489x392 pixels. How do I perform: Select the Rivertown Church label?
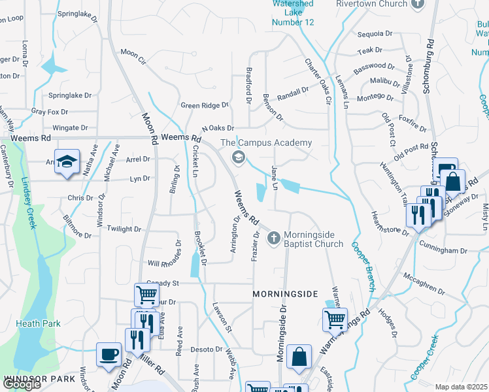(371, 4)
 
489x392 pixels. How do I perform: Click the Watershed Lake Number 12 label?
(293, 12)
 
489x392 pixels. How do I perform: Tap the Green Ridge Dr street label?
(205, 105)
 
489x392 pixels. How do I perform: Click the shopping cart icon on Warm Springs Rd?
(335, 320)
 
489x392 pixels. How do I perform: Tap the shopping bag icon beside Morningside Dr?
(298, 357)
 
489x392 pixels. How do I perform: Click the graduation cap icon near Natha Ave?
(66, 162)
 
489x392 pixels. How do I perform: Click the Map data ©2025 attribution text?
(461, 387)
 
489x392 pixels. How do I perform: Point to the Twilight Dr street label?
(124, 229)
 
